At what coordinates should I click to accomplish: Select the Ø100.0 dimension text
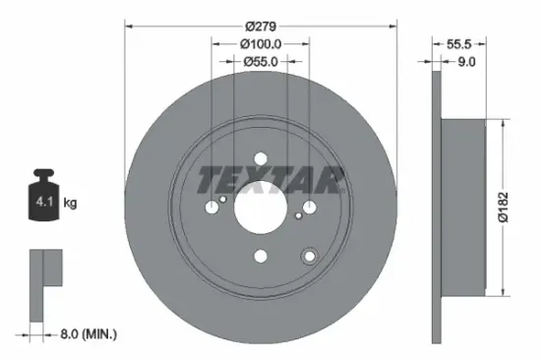click(x=261, y=44)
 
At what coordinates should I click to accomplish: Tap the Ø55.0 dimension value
click(x=261, y=61)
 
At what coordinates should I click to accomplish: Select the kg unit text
click(x=71, y=204)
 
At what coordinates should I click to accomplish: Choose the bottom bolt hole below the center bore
click(x=261, y=257)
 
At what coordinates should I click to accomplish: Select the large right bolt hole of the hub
click(x=310, y=207)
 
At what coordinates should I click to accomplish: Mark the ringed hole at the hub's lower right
click(x=310, y=256)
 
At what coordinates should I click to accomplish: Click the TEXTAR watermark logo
click(x=271, y=180)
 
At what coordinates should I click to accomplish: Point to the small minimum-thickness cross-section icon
click(x=44, y=284)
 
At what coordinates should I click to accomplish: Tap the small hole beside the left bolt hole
click(x=225, y=200)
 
